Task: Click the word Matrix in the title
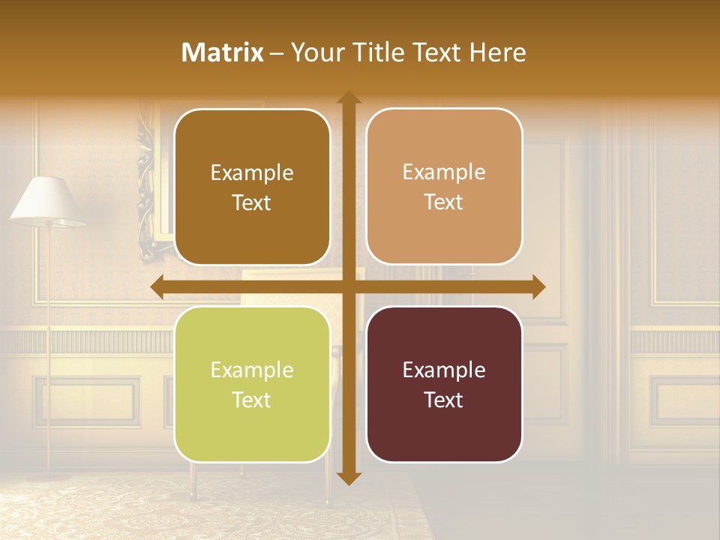(223, 52)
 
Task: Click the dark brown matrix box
(252, 187)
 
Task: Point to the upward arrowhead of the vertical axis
(348, 97)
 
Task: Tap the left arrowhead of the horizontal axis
(157, 287)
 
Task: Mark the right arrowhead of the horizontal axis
(538, 287)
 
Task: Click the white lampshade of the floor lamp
(46, 201)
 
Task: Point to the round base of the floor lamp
(49, 474)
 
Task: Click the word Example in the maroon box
(444, 370)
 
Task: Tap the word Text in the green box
(252, 400)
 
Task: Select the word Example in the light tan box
(444, 172)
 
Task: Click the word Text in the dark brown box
(252, 202)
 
